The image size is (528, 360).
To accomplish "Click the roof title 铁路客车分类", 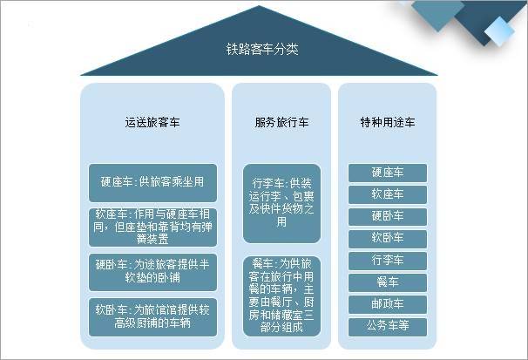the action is (x=262, y=49).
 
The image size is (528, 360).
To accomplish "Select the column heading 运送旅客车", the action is (x=152, y=122).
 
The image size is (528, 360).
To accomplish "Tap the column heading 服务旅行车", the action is (x=281, y=122).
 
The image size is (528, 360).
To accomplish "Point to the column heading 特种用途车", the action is (x=387, y=122).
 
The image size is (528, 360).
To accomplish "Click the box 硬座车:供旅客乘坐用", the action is (x=152, y=183).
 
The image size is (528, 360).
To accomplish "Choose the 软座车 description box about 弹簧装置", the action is (x=152, y=228).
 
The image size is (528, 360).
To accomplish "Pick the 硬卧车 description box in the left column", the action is (x=152, y=272).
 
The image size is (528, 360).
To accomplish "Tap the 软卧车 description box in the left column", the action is (x=152, y=317).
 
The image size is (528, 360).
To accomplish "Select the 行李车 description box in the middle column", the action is (x=281, y=203).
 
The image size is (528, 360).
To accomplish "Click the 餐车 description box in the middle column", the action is (x=281, y=296).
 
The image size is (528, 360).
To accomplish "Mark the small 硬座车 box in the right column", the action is (x=387, y=173).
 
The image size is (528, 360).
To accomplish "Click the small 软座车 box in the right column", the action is (x=387, y=194).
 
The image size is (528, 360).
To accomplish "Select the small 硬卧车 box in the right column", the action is (x=387, y=216).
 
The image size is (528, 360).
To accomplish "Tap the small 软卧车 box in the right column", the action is (x=387, y=239).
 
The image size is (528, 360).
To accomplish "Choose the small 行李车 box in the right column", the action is (x=387, y=261).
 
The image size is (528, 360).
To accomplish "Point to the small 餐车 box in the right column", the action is (x=387, y=282).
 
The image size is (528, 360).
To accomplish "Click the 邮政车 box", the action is (x=387, y=304).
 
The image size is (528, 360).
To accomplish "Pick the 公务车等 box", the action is (x=387, y=327).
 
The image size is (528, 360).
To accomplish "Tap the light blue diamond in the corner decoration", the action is (x=500, y=31).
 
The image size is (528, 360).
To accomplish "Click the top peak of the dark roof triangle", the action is (x=259, y=6).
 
